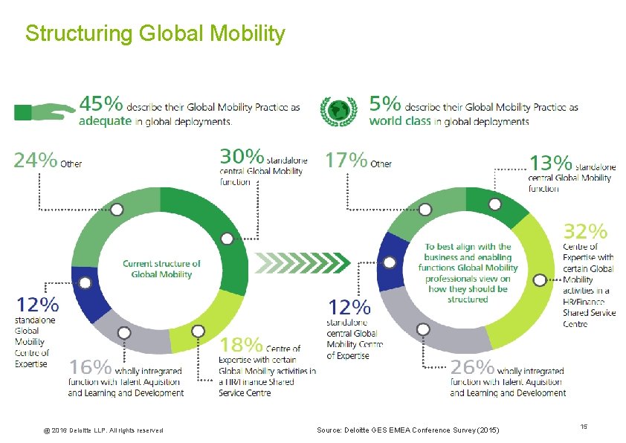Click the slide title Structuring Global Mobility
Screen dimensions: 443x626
pyautogui.click(x=155, y=34)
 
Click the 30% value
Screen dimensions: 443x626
pyautogui.click(x=242, y=157)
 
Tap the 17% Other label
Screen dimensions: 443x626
pyautogui.click(x=358, y=161)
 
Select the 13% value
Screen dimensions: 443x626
pyautogui.click(x=550, y=162)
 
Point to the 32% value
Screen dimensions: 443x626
pyautogui.click(x=585, y=231)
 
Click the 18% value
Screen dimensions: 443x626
pyautogui.click(x=242, y=345)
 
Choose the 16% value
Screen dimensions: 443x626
pyautogui.click(x=91, y=366)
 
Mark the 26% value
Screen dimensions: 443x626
pyautogui.click(x=472, y=366)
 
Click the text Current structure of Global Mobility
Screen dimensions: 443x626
pyautogui.click(x=161, y=268)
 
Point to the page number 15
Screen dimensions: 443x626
pyautogui.click(x=584, y=427)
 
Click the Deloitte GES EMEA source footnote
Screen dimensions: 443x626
pyautogui.click(x=408, y=430)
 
